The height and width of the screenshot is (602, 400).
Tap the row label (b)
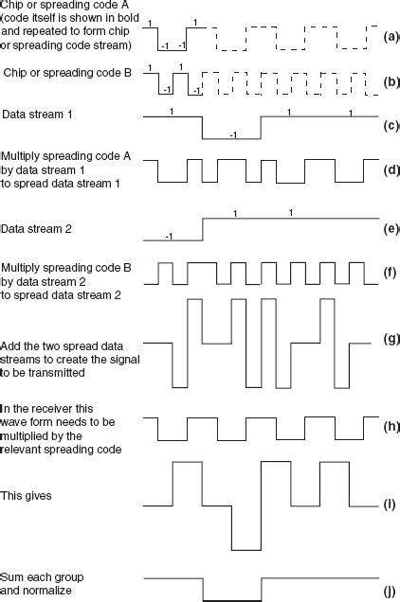[x=390, y=82]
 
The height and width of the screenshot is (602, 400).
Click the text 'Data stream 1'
[x=38, y=114]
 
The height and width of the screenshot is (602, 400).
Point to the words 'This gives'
[x=26, y=494]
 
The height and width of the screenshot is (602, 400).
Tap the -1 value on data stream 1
[x=232, y=135]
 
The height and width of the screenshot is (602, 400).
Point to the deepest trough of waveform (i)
[x=246, y=548]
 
